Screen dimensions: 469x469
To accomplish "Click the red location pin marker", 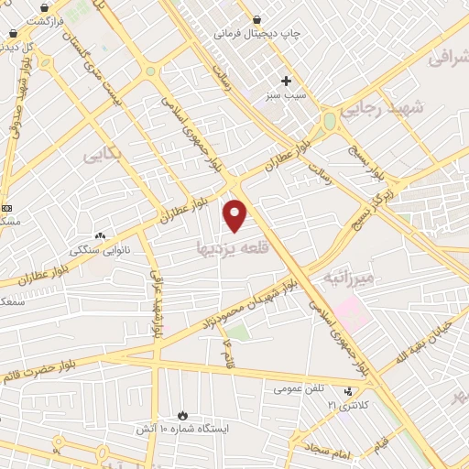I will coord(236,214).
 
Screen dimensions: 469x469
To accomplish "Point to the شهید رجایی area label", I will coord(384,108).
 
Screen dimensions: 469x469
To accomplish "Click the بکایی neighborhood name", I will coord(103,155).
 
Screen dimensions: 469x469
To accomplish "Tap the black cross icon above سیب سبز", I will coord(286,81).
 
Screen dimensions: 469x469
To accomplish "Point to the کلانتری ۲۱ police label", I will coord(344,404).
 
